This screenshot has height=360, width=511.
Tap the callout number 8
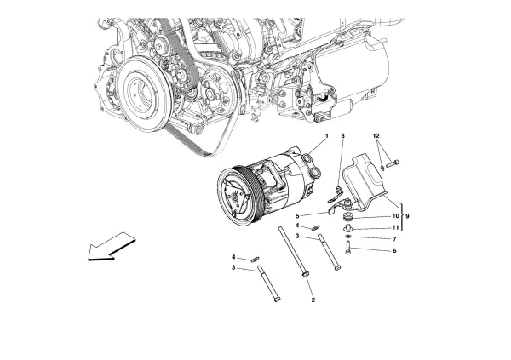click(342, 137)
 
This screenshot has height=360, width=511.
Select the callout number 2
click(313, 300)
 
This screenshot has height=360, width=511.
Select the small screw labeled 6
click(349, 249)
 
